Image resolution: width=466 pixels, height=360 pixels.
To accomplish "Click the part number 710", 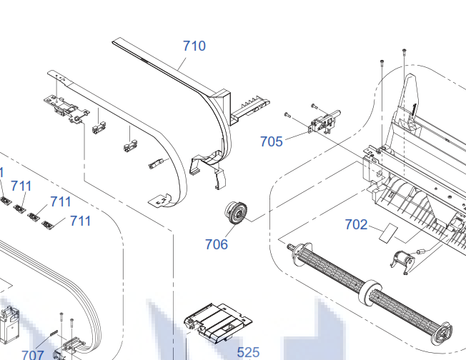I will point(194,46).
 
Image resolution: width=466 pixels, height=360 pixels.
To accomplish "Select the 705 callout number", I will point(271,141).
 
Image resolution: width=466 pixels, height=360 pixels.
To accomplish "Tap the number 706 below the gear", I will point(216,244).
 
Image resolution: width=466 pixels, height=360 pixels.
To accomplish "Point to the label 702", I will point(356,225).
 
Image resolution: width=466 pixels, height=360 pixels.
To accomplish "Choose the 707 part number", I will point(32,354).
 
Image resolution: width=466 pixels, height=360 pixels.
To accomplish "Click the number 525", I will point(248,351).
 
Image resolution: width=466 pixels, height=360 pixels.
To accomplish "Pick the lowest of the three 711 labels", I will point(80,221).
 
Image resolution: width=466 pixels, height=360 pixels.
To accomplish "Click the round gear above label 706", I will point(235,213).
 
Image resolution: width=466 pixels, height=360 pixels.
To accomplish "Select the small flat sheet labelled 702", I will point(389,231).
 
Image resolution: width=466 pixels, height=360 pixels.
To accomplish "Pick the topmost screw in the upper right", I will point(405,51).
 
